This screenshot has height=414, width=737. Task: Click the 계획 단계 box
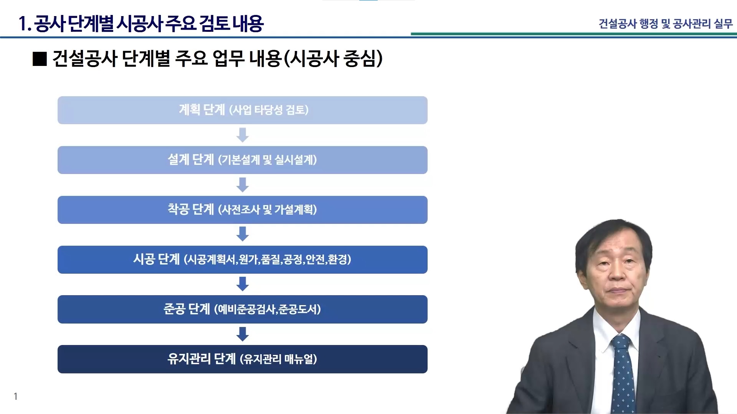click(x=243, y=110)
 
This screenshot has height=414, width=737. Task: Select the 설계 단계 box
click(x=243, y=160)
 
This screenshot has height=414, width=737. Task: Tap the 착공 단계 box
click(x=243, y=210)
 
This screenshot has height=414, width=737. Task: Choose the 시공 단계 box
click(x=243, y=260)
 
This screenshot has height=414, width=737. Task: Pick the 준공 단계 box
click(x=243, y=309)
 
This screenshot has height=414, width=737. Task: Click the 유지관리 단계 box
click(x=243, y=359)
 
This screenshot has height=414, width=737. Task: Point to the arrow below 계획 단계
click(x=243, y=135)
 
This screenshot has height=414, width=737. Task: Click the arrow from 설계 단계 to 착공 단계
click(x=243, y=185)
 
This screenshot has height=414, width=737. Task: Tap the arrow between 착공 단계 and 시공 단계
click(x=243, y=234)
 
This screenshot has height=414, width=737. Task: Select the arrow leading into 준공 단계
click(x=243, y=284)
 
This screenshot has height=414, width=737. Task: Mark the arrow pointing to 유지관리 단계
click(x=243, y=334)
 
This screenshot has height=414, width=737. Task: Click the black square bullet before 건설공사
click(x=40, y=59)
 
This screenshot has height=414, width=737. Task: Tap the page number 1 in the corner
click(x=16, y=396)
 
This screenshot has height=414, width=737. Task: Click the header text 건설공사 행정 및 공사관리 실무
click(x=666, y=24)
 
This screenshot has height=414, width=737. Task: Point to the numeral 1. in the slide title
click(x=25, y=24)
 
